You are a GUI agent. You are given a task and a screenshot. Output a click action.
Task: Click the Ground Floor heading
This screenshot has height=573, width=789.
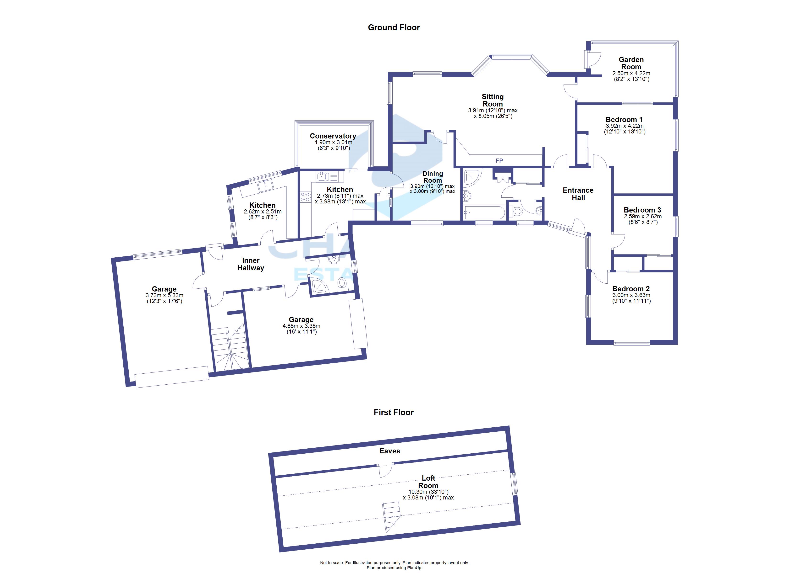click(x=394, y=27)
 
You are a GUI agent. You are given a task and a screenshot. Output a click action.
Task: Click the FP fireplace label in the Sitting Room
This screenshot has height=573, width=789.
click(x=499, y=160)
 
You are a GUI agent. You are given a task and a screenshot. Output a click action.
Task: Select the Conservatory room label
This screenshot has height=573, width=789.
click(x=333, y=136)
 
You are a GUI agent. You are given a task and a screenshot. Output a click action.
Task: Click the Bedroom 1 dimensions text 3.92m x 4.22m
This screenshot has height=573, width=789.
click(x=625, y=126)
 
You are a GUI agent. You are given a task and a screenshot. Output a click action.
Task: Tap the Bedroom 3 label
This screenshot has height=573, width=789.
click(x=642, y=210)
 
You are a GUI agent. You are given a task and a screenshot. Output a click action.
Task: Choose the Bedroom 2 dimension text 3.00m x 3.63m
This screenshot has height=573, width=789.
click(x=631, y=295)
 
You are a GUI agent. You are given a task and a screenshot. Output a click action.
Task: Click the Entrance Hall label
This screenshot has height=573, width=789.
click(x=578, y=194)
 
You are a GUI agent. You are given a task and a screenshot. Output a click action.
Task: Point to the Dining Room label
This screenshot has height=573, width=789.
click(x=433, y=177)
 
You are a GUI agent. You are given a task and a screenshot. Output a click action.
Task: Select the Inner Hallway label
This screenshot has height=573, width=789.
click(x=251, y=264)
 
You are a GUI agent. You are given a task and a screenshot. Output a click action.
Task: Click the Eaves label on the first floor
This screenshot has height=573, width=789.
click(x=390, y=451)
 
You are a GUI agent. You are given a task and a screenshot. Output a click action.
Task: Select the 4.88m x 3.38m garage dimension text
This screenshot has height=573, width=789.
click(x=301, y=326)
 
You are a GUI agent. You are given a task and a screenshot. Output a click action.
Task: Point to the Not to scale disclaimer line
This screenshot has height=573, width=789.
click(x=394, y=562)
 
